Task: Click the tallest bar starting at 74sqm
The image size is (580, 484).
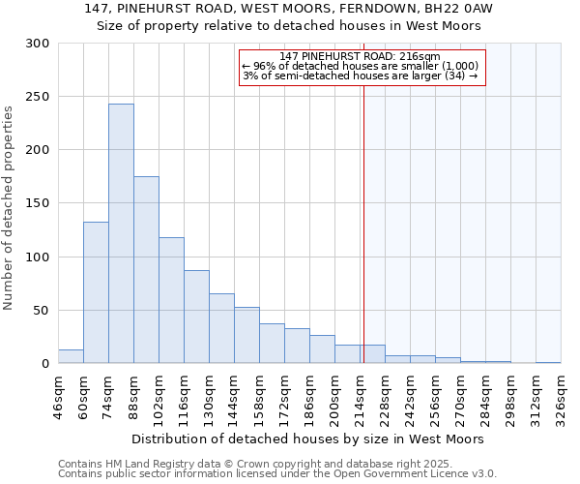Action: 121,233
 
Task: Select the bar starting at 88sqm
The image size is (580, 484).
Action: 146,270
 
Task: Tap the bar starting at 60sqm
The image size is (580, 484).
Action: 96,292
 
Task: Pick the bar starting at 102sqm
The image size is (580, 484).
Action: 171,300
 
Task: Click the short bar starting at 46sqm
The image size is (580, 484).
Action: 71,356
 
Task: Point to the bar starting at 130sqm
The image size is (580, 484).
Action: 221,328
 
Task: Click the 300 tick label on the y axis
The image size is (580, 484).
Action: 38,44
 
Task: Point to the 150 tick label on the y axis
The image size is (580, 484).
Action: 38,203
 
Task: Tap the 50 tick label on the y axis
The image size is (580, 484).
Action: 42,311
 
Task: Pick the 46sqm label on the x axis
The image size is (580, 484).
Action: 58,395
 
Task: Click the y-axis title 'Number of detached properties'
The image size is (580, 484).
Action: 10,208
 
